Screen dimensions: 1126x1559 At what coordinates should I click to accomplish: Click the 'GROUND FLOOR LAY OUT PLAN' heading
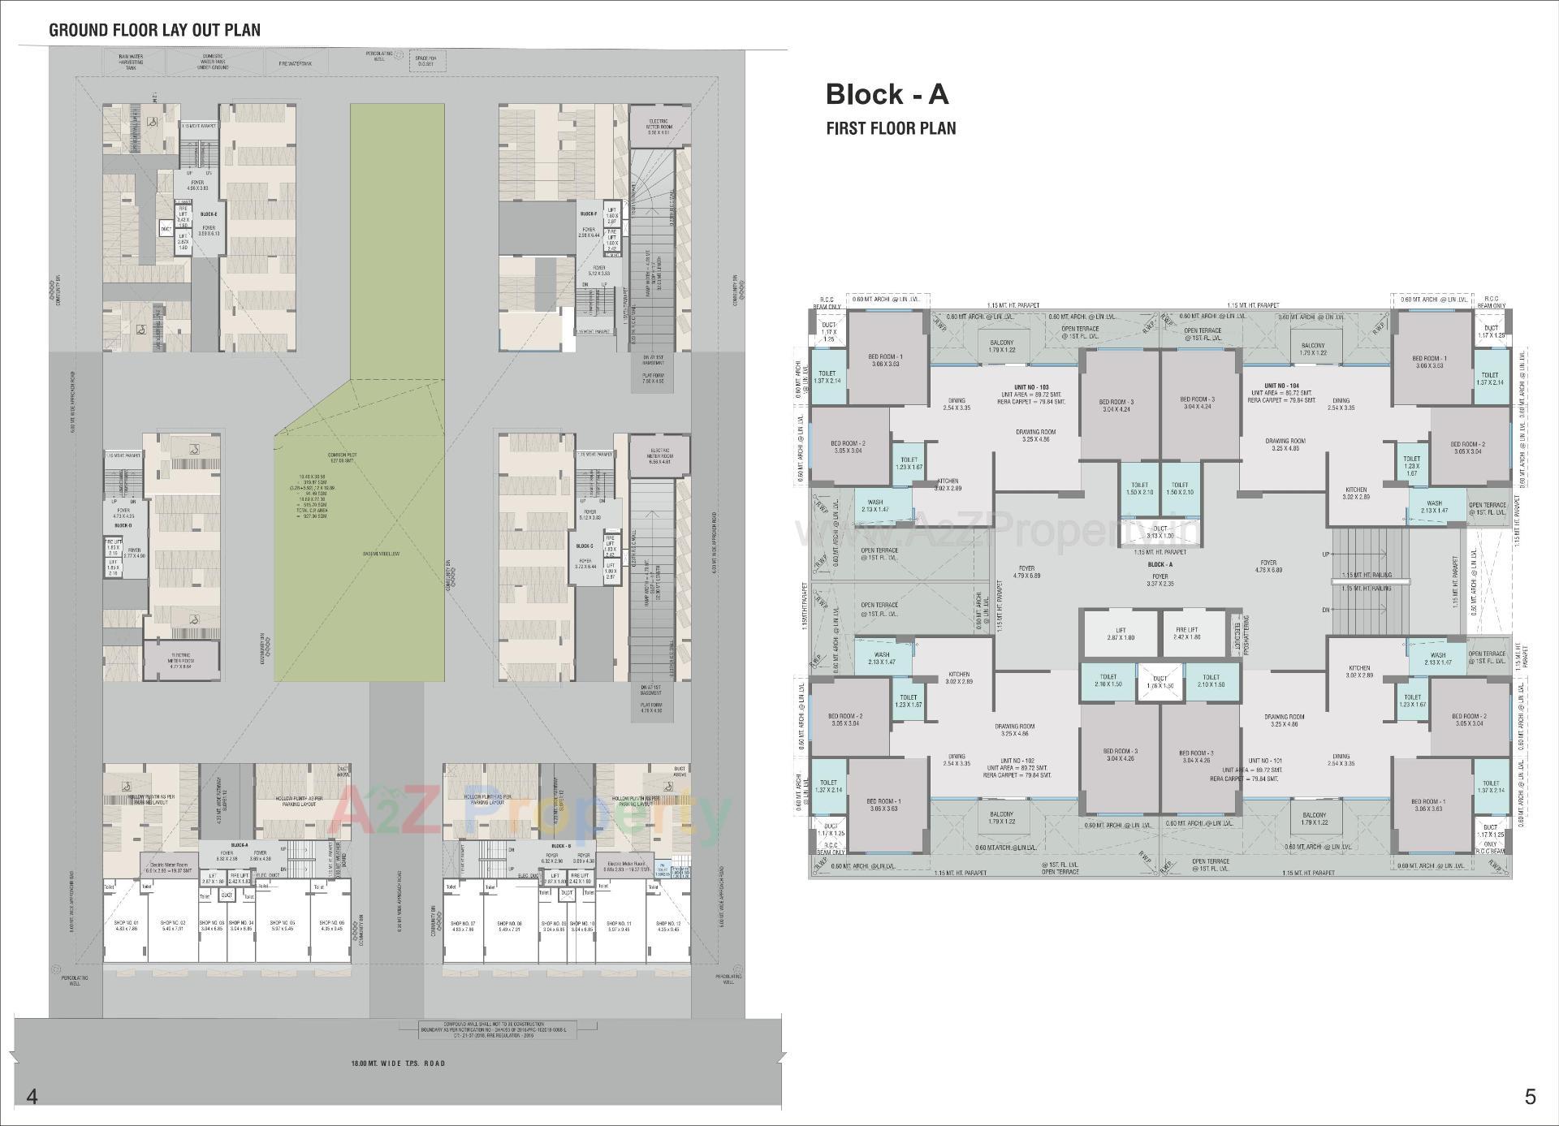(x=154, y=30)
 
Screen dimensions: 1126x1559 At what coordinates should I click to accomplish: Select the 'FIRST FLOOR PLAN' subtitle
(x=891, y=128)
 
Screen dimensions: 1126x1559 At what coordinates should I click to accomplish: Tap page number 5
(x=1530, y=1097)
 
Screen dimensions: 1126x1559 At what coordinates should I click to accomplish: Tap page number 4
(x=32, y=1097)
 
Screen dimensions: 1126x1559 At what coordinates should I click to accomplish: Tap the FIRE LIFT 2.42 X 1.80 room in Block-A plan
(x=1186, y=633)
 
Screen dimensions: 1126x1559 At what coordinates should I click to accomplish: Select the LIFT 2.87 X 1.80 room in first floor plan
(x=1120, y=633)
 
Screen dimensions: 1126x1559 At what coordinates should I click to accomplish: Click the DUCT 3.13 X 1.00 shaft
(x=1160, y=532)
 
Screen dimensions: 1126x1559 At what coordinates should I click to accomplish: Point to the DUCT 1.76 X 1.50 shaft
(x=1160, y=682)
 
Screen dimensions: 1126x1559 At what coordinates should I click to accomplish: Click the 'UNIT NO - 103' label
(x=1032, y=386)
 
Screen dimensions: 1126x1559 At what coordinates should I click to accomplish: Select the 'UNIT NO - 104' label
(x=1281, y=386)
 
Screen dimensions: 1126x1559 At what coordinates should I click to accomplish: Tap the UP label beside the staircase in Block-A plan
(x=1326, y=554)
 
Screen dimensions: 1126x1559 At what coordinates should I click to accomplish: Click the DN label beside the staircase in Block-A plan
(x=1326, y=610)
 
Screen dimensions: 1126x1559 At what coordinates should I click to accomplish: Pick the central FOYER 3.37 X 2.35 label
(x=1160, y=580)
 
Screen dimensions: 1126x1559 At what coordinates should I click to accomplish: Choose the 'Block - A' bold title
(x=887, y=94)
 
